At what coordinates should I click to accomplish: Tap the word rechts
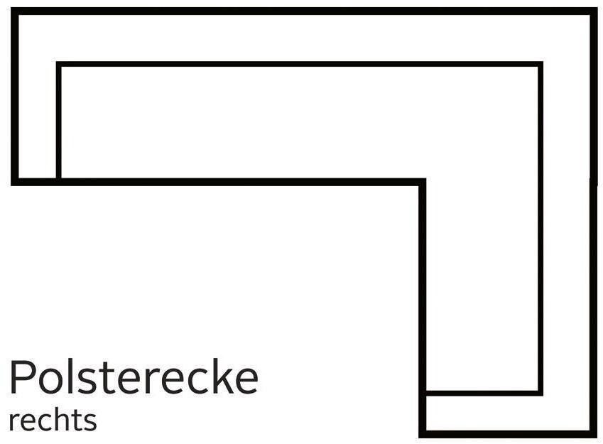(53, 420)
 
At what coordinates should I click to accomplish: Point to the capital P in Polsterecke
(21, 377)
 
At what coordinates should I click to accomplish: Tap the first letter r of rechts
(14, 422)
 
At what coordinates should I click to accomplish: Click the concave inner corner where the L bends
(423, 182)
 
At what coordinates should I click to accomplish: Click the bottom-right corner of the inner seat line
(540, 392)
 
